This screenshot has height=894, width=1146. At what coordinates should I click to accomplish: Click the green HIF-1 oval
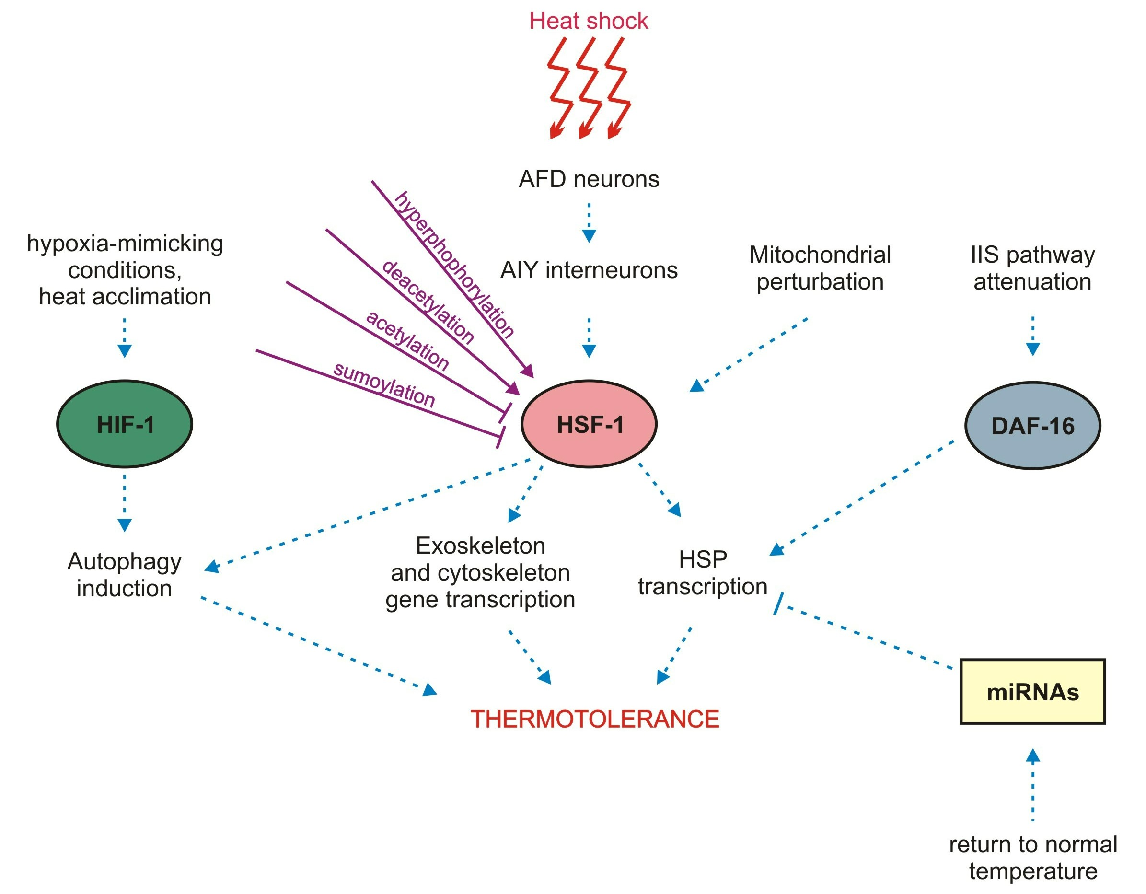[x=124, y=424]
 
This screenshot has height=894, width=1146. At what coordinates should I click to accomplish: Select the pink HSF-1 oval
[x=589, y=424]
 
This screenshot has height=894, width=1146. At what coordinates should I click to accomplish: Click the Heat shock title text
[x=588, y=21]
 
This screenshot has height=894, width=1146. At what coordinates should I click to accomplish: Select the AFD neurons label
[x=588, y=179]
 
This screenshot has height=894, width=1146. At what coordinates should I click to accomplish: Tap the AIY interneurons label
[x=588, y=271]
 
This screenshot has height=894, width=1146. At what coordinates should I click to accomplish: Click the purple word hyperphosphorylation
[x=454, y=265]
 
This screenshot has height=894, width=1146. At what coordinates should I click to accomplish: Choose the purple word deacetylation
[x=428, y=302]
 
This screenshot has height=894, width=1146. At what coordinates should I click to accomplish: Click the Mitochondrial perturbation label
[x=820, y=268]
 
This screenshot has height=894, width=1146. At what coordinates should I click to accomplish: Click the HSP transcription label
[x=703, y=573]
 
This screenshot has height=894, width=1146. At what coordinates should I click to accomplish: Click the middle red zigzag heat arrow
[x=590, y=87]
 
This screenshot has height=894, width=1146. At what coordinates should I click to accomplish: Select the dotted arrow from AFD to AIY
[x=589, y=222]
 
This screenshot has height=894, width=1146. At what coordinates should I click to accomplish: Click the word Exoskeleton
[x=480, y=546]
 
